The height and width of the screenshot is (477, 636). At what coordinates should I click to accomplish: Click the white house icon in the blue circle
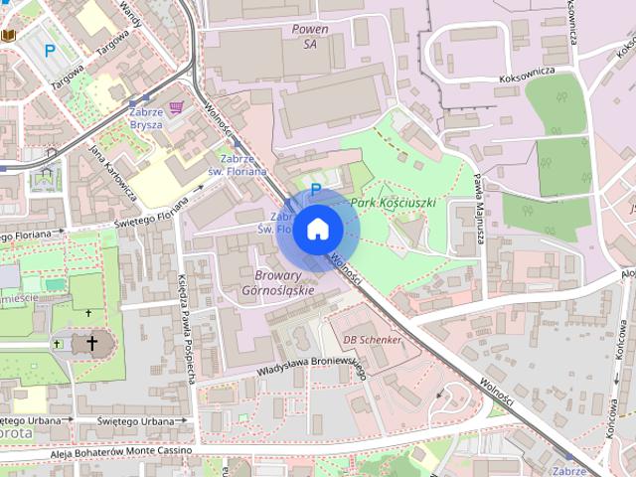point(317,230)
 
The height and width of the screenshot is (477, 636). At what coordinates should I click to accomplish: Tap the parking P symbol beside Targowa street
point(49,50)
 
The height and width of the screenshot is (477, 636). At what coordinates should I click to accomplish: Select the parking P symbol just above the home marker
point(316,189)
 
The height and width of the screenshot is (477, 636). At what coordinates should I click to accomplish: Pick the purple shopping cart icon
point(177,107)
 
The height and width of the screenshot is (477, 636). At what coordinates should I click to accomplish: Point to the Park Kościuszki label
point(394,203)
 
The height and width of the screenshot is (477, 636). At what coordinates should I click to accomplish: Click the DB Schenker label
point(373,339)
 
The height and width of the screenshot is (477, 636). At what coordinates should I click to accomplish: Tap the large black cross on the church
point(91,344)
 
